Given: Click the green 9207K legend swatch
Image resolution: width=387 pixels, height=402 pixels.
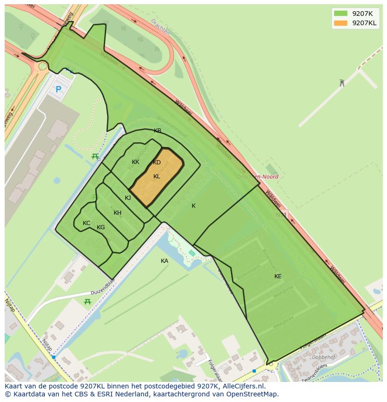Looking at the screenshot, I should pos(341,13).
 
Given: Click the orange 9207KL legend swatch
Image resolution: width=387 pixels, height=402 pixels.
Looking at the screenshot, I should pos(341,23).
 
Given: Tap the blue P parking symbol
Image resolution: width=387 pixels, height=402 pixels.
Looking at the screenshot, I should pos(58,89).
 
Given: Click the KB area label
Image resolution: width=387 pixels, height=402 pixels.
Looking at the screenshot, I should pos(158,131).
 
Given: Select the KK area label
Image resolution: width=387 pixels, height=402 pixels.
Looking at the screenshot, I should pos(136,162).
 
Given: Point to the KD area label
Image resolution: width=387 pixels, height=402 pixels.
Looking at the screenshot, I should pos(157,162).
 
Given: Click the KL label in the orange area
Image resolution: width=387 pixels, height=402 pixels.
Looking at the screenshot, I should pos(157,176).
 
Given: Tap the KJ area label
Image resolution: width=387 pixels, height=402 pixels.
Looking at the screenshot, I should pos(128,198).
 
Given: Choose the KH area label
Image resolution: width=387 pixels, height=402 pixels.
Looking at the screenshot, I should pos(117,213).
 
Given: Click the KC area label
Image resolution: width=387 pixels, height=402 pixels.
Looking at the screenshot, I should pos(86,223).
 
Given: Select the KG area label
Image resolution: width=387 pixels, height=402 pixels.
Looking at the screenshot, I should pos(100,227).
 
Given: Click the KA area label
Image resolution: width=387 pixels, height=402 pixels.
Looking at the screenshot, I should pos(165,261).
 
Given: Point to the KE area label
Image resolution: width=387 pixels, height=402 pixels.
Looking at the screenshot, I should pos(278,276).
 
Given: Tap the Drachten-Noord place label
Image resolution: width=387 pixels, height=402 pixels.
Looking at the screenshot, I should pos(258,177).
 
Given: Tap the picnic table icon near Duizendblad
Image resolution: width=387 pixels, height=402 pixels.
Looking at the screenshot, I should pos(87,302).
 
